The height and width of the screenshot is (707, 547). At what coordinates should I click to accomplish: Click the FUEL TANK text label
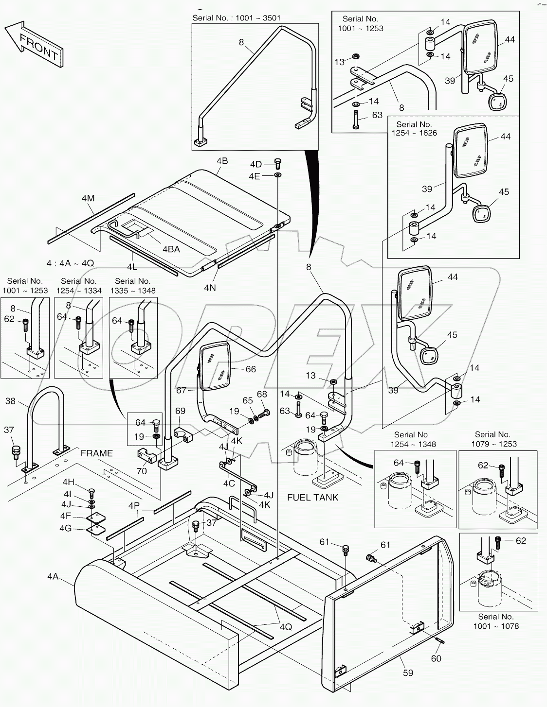(x=312, y=498)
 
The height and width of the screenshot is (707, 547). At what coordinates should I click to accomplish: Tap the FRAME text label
(x=96, y=453)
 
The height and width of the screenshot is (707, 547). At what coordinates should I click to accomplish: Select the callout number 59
(x=408, y=673)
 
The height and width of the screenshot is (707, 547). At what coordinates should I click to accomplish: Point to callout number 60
(x=436, y=658)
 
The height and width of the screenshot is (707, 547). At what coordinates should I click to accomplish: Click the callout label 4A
(x=53, y=576)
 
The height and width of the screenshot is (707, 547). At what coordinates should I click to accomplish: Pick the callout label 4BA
(x=171, y=249)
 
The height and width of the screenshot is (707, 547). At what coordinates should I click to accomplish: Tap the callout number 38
(x=11, y=401)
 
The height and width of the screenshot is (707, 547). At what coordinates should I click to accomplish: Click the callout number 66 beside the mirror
(x=250, y=369)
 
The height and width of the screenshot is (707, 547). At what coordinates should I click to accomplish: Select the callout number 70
(x=141, y=471)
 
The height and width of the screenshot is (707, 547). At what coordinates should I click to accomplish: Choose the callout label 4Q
(x=286, y=627)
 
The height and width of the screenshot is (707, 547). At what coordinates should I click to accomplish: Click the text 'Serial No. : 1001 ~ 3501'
(x=237, y=18)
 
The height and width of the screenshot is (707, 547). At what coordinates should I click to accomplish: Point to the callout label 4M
(x=88, y=198)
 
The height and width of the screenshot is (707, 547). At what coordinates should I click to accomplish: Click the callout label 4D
(x=256, y=164)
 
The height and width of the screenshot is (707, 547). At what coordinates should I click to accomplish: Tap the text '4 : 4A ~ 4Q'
(x=70, y=263)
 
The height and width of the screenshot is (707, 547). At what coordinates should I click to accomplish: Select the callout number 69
(x=180, y=411)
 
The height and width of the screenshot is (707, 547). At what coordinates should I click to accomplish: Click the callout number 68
(x=262, y=394)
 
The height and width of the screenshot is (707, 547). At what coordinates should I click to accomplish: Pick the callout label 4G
(x=66, y=528)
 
